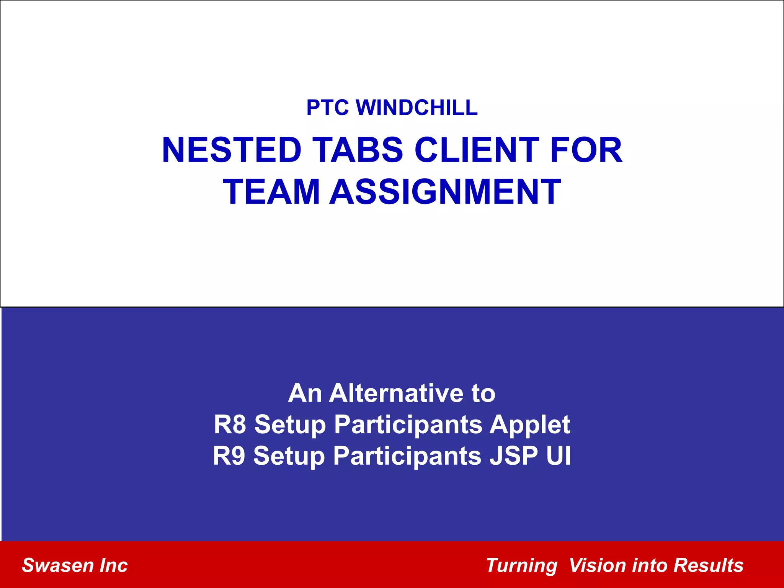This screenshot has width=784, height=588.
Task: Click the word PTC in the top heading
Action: tap(327, 108)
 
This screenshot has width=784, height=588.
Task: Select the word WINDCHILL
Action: tap(417, 108)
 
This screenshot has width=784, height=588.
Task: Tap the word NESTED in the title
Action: tap(232, 150)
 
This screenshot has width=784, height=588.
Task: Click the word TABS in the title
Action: tap(358, 150)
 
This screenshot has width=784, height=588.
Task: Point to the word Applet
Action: tap(530, 425)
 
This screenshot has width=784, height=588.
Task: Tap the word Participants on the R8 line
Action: tap(408, 425)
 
